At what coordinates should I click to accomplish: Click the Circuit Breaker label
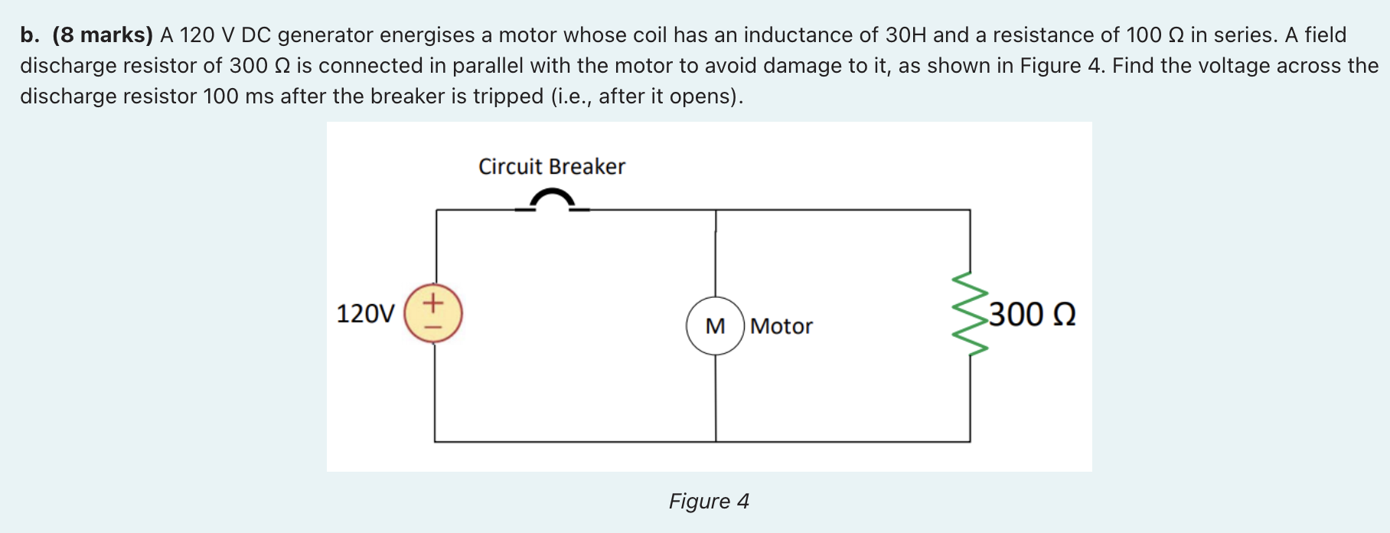pos(551,166)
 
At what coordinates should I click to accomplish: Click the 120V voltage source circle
pos(433,313)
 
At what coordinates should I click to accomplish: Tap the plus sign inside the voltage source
pos(433,302)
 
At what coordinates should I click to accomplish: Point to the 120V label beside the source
pos(365,314)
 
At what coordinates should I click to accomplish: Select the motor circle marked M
pos(715,326)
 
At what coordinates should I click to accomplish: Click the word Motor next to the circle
pos(781,326)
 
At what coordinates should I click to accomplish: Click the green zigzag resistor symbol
pos(969,314)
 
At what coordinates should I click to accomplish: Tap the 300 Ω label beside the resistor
pos(1032,315)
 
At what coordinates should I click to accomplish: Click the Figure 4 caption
pos(709,501)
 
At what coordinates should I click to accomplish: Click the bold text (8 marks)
pos(103,35)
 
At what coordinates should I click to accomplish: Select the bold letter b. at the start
pos(30,35)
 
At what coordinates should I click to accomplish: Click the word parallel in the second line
pos(488,66)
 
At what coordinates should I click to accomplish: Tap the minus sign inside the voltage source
pos(433,327)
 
